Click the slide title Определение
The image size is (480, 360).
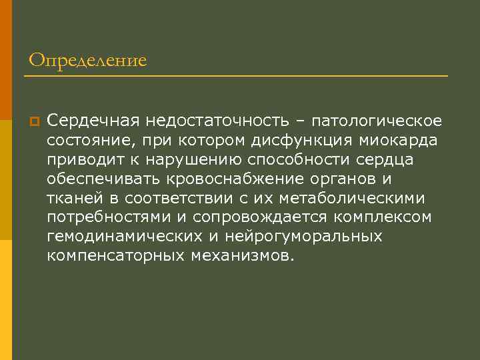click(87, 61)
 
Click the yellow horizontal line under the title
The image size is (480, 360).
click(235, 77)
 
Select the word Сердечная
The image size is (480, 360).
click(87, 121)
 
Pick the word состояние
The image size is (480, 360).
click(85, 141)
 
